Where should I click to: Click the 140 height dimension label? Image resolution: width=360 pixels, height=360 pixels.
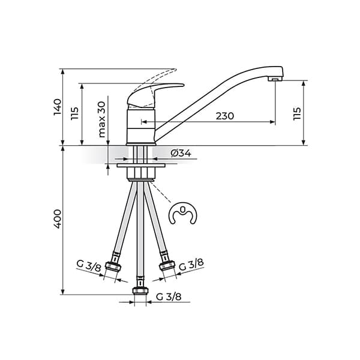pos(58,107)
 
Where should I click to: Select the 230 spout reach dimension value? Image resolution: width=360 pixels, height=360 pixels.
pos(225,116)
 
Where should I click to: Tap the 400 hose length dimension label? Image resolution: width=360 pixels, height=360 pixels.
pos(58,219)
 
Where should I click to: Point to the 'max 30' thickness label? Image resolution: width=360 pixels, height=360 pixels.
pos(101,119)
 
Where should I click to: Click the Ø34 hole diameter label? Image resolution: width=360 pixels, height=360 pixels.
pos(181,153)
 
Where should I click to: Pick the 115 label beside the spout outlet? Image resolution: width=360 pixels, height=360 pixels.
pos(297,113)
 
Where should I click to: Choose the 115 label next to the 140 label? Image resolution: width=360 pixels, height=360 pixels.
pos(74,113)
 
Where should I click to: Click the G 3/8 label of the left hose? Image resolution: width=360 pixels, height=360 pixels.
pos(89,266)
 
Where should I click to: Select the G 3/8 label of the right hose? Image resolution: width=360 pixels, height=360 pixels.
pos(191,265)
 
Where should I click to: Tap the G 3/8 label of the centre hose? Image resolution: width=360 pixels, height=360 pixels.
pos(169,296)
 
